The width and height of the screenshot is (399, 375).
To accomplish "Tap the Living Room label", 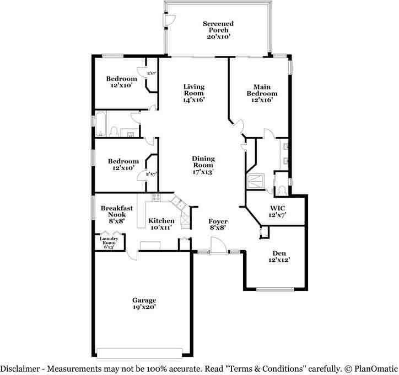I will click(194, 93).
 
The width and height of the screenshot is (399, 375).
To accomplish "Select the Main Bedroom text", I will click(262, 93).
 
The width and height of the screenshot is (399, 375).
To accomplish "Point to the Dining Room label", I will click(203, 165).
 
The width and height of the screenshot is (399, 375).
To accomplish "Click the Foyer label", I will click(218, 225).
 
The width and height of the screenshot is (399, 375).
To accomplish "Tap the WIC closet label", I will click(276, 211).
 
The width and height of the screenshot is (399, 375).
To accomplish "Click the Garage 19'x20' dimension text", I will click(143, 307).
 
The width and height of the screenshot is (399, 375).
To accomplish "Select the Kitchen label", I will click(161, 224).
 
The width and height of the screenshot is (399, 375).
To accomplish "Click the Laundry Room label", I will click(108, 242).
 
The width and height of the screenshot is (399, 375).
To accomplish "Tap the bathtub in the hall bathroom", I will click(102, 124).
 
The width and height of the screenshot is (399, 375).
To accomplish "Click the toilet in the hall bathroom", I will click(114, 132).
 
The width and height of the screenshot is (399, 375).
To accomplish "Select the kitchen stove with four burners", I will click(155, 198).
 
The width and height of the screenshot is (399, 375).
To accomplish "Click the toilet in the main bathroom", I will click(281, 189).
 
